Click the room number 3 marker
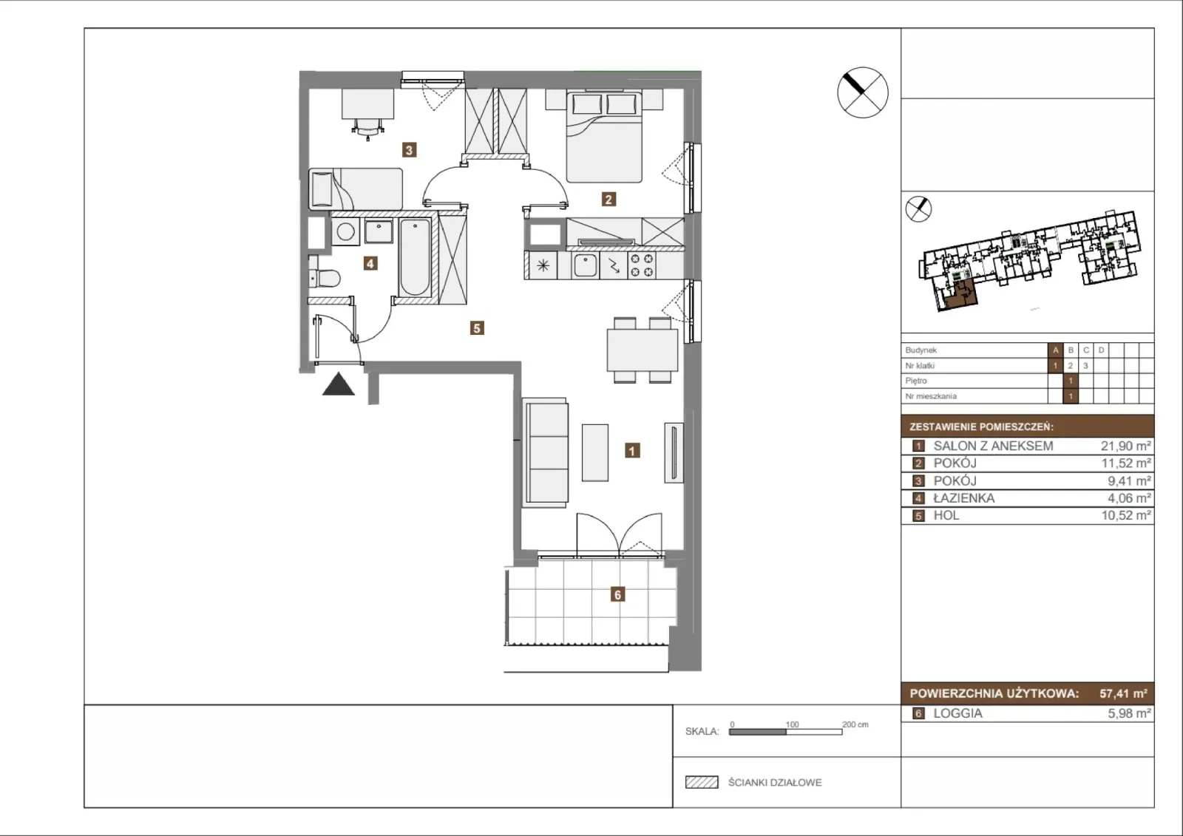click(409, 150)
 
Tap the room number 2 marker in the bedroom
click(609, 199)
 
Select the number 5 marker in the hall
click(477, 328)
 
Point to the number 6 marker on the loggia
click(617, 594)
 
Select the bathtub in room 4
click(415, 257)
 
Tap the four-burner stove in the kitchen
click(642, 265)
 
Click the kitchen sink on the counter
click(585, 265)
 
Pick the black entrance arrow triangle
click(339, 384)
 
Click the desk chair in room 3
click(367, 129)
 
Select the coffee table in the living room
click(595, 452)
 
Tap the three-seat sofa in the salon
click(546, 453)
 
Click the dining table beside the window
click(643, 350)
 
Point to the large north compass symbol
click(863, 92)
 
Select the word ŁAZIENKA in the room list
click(964, 498)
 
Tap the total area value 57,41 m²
click(1123, 693)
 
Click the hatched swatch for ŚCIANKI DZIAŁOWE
click(702, 782)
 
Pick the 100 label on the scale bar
click(792, 724)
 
